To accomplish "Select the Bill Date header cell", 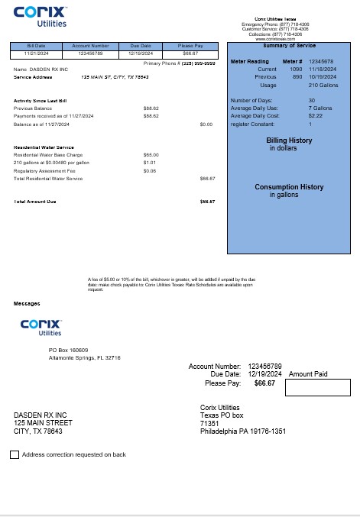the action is click(36, 46).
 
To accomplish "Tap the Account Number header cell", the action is click(96, 46).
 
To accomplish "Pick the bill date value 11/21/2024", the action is click(36, 53).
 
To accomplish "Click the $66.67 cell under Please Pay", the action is click(190, 53).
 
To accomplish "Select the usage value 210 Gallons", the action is click(324, 85).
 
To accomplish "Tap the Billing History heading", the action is click(289, 141).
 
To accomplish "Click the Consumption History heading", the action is click(289, 187).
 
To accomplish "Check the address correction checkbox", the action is click(15, 454).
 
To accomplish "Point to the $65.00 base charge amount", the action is click(151, 154).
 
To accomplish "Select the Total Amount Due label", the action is click(35, 201).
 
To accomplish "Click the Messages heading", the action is click(27, 303).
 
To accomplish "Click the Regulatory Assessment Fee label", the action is click(42, 170).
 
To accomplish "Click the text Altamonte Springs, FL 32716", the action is click(85, 357).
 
